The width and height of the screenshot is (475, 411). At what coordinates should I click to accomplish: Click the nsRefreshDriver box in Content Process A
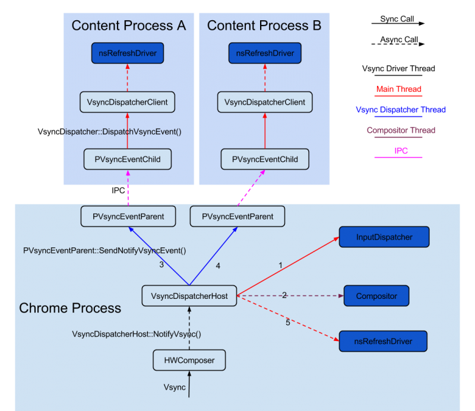[128, 53]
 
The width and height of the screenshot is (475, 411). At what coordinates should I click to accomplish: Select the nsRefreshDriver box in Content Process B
[265, 53]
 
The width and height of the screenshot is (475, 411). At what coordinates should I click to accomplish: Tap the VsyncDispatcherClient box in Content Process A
[128, 102]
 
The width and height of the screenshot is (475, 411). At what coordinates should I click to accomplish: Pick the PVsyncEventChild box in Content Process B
[265, 159]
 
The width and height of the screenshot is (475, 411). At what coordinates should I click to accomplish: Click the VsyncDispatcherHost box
[189, 295]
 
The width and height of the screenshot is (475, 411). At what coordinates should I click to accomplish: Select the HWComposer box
[189, 360]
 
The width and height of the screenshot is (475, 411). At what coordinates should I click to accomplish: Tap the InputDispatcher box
[384, 237]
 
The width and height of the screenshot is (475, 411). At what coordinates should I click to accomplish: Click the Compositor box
[376, 295]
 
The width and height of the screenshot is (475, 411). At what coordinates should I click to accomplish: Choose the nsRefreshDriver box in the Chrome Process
[383, 341]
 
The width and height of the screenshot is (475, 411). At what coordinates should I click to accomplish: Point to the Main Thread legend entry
[398, 90]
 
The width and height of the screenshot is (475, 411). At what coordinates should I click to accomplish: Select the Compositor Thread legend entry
[401, 130]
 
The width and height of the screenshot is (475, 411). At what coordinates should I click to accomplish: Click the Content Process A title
[129, 26]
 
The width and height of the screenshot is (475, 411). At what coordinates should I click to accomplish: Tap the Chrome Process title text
[70, 308]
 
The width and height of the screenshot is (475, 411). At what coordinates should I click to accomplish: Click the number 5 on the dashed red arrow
[288, 323]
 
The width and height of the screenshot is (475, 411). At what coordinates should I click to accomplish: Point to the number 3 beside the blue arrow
[161, 265]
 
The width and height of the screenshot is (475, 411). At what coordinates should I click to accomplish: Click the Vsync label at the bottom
[175, 387]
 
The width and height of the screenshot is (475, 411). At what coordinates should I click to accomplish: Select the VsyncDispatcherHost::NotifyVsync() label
[137, 334]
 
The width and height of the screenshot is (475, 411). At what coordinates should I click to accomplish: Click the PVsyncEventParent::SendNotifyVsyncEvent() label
[104, 250]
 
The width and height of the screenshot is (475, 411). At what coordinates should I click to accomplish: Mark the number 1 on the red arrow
[280, 265]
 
